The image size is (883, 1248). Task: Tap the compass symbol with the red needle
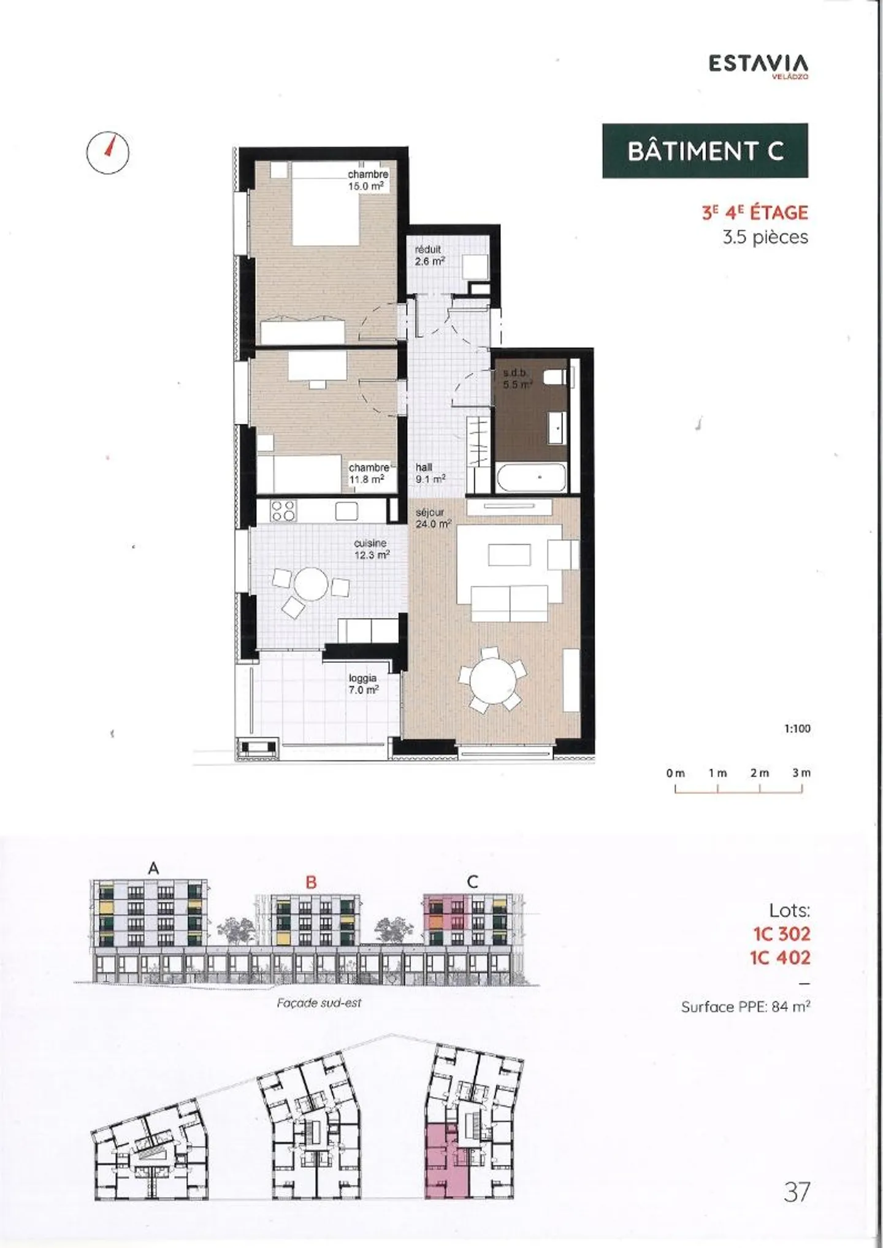pos(108,150)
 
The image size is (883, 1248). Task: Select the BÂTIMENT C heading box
pos(705,151)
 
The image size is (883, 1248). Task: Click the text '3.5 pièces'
pos(765,237)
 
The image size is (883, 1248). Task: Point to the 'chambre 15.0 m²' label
pos(367,180)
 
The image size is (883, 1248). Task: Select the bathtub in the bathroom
pos(530,477)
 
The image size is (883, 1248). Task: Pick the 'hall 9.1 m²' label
pos(430,473)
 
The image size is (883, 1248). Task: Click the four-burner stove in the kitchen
pos(284,510)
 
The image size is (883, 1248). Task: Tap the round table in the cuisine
pos(311,584)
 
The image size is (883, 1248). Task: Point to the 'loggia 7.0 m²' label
pos(363,684)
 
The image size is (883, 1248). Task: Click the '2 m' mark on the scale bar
pos(759,773)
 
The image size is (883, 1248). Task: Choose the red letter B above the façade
pos(311,882)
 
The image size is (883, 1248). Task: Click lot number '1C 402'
pos(780,957)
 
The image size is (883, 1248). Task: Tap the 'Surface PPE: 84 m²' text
pos(745,1007)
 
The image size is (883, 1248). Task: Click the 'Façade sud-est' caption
pos(319,1003)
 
